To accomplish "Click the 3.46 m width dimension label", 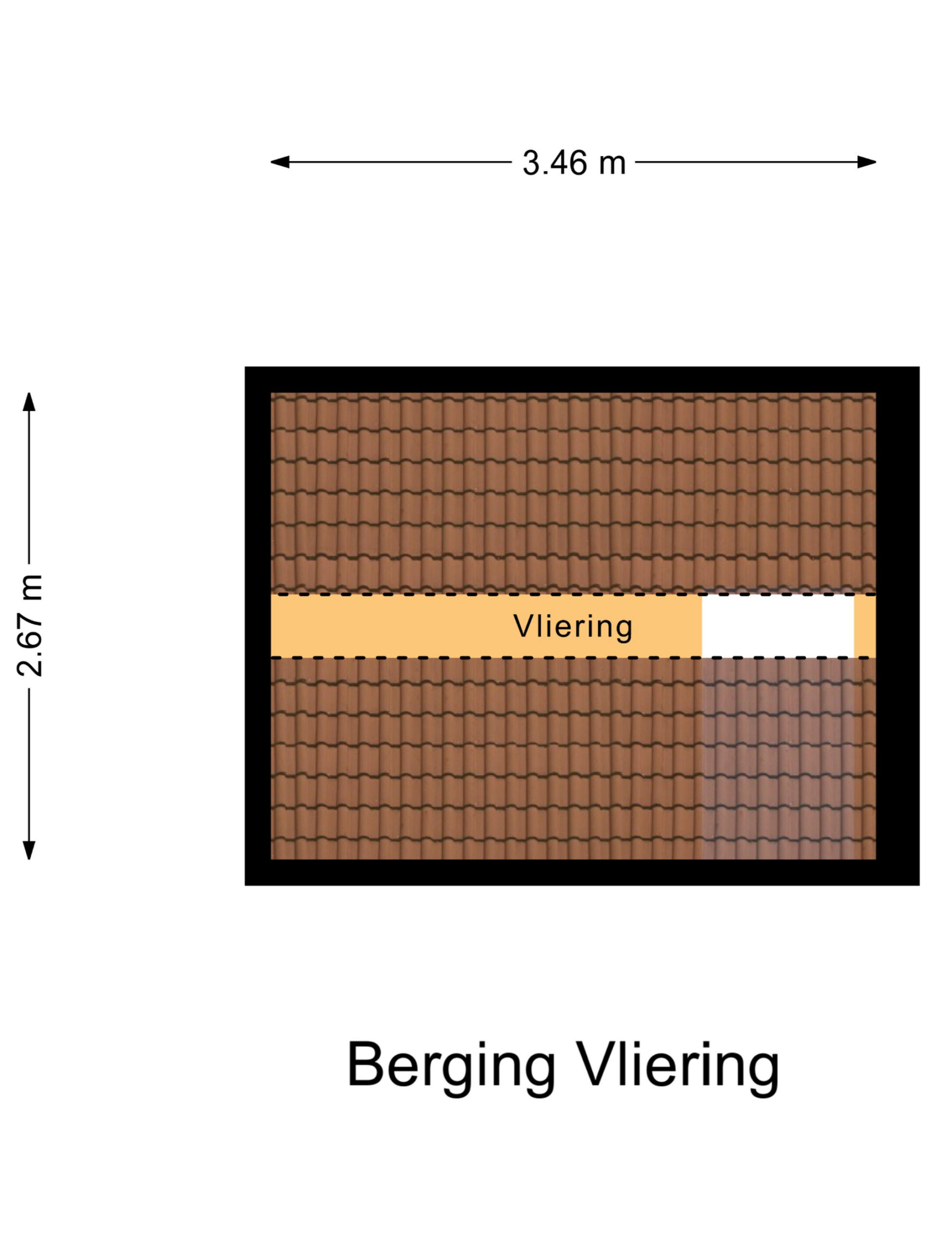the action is [574, 163].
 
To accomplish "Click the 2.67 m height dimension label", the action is [29, 625].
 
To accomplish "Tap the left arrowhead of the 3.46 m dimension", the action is [279, 162].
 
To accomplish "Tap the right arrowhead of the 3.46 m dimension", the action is [867, 162].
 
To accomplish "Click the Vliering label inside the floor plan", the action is [573, 627].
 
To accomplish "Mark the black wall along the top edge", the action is [582, 380].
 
